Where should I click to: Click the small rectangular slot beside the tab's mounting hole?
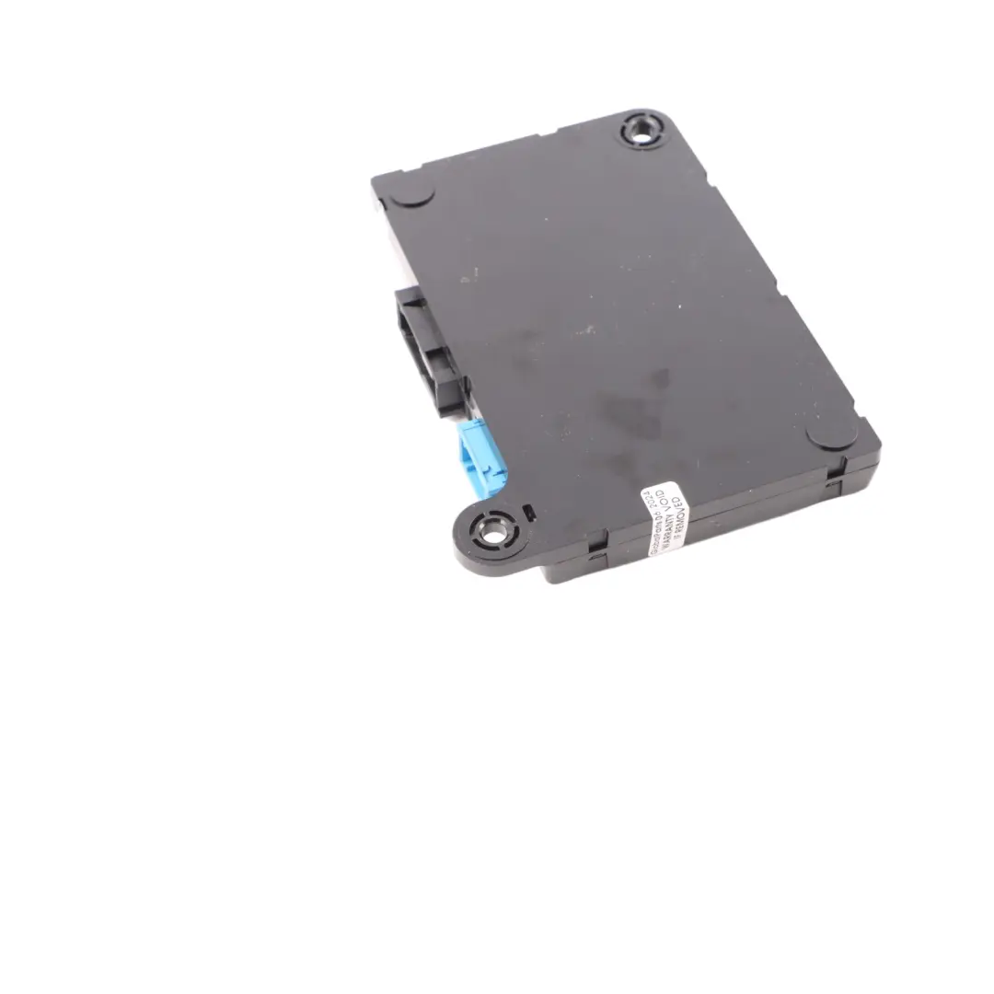tap(527, 512)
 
